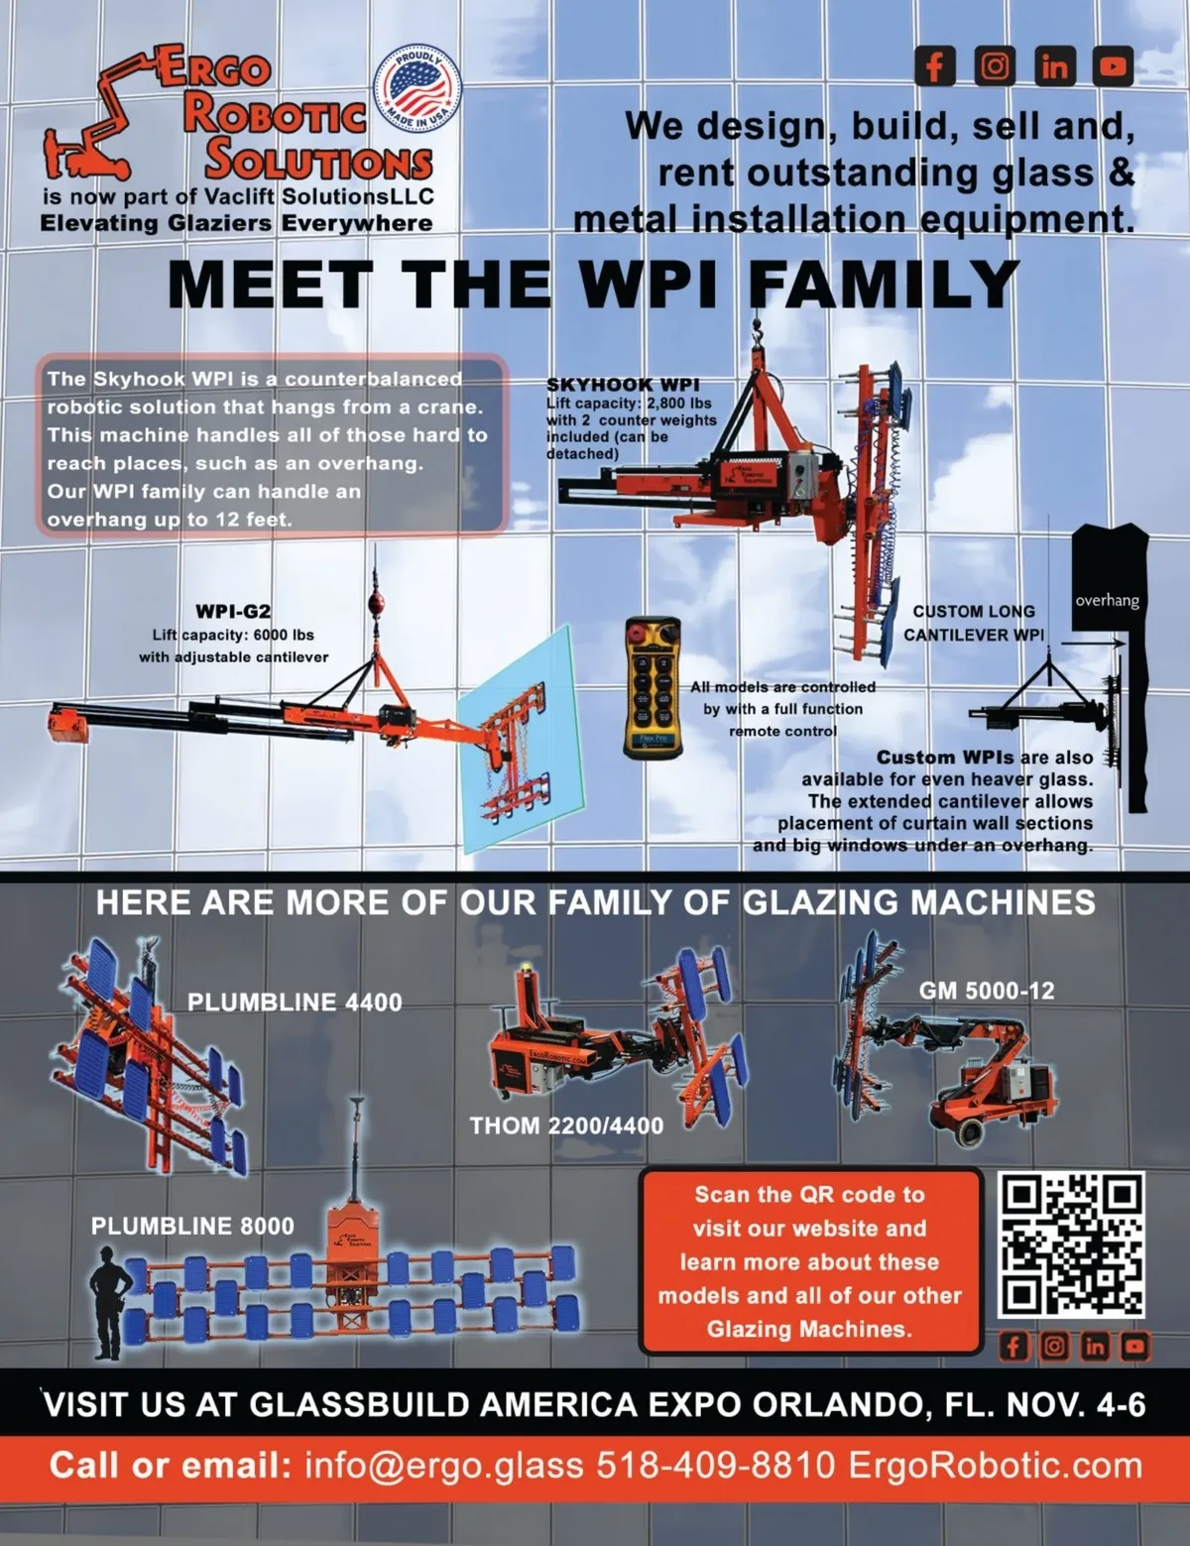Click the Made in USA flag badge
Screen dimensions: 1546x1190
pos(417,88)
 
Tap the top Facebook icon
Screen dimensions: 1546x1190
pos(934,66)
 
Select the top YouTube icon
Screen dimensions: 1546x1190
pos(1113,66)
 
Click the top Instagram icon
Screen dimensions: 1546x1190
pos(995,66)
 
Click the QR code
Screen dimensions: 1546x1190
pos(1071,1245)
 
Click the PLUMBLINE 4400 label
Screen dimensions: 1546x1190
pos(295,1003)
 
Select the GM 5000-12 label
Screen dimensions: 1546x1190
pos(987,991)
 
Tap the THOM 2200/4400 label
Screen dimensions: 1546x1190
pos(566,1126)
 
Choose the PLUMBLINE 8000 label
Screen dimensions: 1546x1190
pos(192,1226)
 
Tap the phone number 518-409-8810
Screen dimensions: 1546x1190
pos(716,1466)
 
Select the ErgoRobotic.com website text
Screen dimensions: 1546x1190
pos(995,1466)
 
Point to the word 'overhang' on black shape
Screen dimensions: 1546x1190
pos(1107,600)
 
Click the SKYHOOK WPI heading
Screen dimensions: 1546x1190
pos(623,385)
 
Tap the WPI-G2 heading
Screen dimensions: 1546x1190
pos(233,612)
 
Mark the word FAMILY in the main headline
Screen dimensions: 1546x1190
pos(883,285)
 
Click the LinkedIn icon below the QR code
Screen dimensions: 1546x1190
pos(1094,1346)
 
